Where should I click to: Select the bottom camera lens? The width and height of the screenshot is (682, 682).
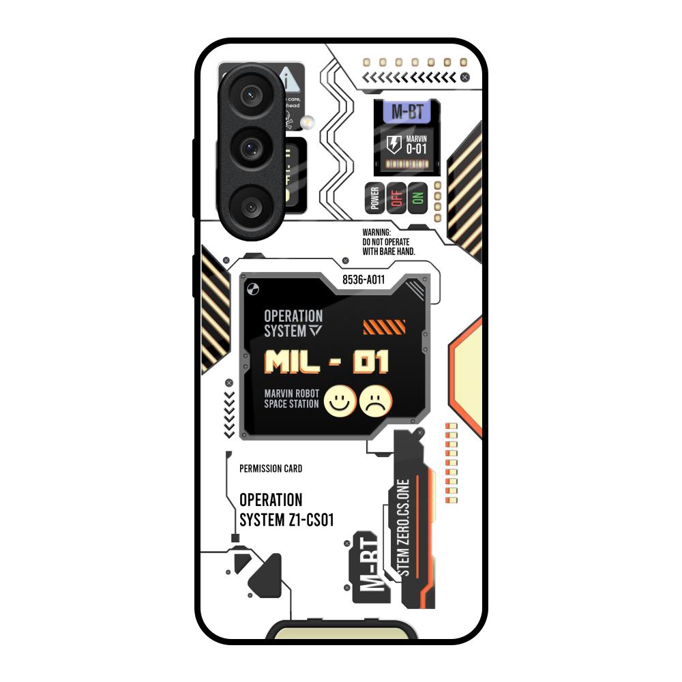click(x=250, y=205)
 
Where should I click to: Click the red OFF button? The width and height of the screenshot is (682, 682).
click(x=396, y=198)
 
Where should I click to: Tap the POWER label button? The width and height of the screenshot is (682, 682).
click(x=374, y=198)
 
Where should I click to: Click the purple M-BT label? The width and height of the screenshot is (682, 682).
click(x=407, y=112)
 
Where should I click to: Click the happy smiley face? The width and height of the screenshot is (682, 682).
click(x=337, y=400)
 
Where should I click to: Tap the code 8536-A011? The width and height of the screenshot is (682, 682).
click(x=364, y=279)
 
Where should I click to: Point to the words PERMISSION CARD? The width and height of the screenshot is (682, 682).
click(x=271, y=469)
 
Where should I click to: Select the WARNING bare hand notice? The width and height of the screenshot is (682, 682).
click(x=389, y=242)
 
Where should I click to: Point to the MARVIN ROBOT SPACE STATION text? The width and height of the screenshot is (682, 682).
click(x=291, y=399)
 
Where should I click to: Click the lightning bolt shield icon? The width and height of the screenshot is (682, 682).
click(x=394, y=145)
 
